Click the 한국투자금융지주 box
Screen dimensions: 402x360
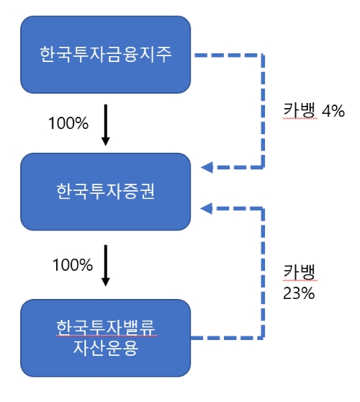tap(106, 55)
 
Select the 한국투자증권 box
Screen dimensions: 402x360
tap(106, 191)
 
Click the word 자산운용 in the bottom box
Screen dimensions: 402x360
tap(106, 349)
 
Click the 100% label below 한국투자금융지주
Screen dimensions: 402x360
tap(68, 123)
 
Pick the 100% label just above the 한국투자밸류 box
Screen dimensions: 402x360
tap(73, 264)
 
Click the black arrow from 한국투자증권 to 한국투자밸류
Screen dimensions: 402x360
tap(106, 264)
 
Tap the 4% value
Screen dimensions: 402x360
tap(333, 111)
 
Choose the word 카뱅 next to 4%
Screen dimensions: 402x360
tap(299, 111)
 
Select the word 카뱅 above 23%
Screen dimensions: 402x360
tap(299, 272)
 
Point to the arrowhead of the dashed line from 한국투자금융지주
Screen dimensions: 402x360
tap(207, 168)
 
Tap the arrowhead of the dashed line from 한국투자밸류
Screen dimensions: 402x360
tap(207, 209)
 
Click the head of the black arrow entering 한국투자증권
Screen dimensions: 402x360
tap(106, 141)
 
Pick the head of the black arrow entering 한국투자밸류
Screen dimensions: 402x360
tap(106, 282)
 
